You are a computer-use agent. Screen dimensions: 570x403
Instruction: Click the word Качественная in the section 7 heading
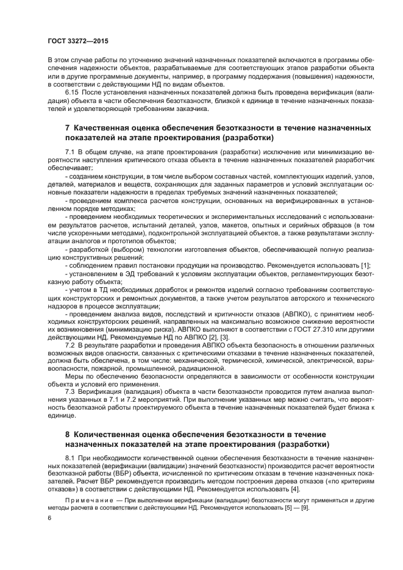coord(109,129)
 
